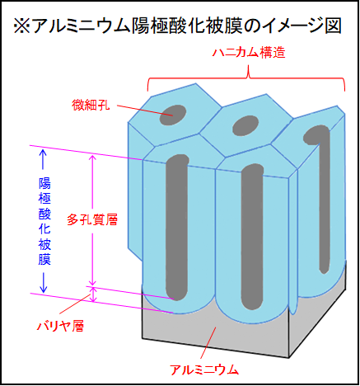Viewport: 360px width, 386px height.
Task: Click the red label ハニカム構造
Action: point(249,52)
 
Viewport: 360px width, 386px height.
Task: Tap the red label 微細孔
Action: point(91,105)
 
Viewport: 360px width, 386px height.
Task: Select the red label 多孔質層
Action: point(92,219)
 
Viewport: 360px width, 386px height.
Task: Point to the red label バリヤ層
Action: point(60,326)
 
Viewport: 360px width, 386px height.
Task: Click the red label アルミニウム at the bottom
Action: point(204,370)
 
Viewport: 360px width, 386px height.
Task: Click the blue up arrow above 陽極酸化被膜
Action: point(43,159)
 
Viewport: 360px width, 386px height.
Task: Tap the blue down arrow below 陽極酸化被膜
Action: point(43,283)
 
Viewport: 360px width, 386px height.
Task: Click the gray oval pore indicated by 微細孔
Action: point(173,115)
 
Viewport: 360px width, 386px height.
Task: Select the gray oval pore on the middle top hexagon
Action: point(245,125)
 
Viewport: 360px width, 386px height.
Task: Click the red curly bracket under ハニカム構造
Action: point(246,78)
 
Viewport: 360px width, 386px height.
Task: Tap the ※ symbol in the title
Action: point(22,26)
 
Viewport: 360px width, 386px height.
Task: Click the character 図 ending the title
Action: point(334,26)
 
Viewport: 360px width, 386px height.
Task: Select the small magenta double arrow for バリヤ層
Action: point(93,294)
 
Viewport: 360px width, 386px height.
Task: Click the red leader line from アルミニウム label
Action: point(208,342)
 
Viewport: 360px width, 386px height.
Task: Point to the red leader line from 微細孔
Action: point(145,111)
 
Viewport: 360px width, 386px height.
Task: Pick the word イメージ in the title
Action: point(291,26)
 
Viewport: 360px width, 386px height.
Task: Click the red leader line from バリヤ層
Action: point(75,304)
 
